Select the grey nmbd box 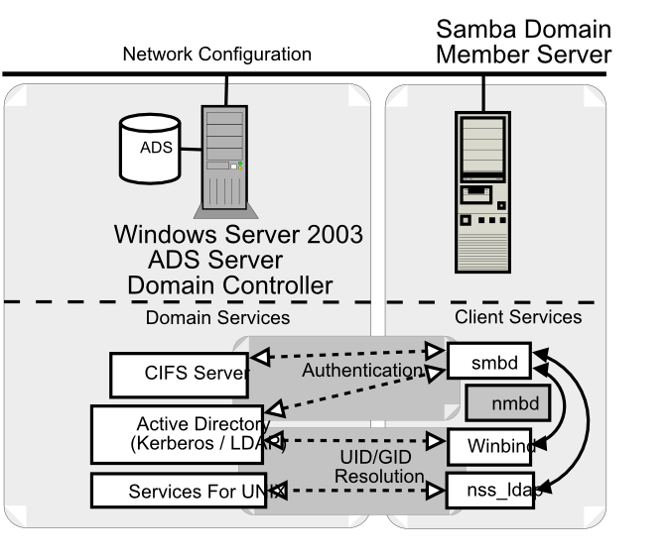502,403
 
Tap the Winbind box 490,446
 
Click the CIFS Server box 179,374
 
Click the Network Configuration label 216,55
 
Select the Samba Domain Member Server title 523,42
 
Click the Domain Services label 217,318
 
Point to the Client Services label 518,317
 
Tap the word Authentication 361,371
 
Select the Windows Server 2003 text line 238,235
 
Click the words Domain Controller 229,286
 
